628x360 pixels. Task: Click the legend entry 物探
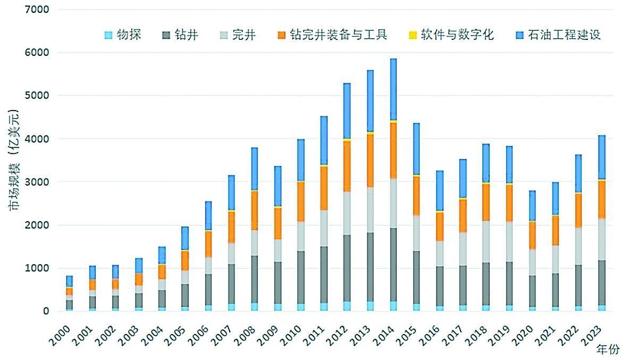point(123,36)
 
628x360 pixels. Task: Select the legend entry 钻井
point(180,36)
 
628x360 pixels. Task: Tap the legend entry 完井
point(238,36)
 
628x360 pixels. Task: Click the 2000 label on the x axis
point(62,330)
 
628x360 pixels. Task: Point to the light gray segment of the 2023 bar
point(601,239)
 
